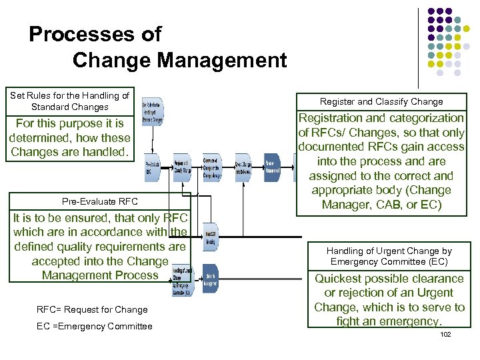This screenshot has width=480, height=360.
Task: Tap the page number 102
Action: tap(445, 334)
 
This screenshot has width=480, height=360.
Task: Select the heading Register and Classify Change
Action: tap(381, 102)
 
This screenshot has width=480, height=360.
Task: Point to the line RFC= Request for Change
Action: tap(92, 309)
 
